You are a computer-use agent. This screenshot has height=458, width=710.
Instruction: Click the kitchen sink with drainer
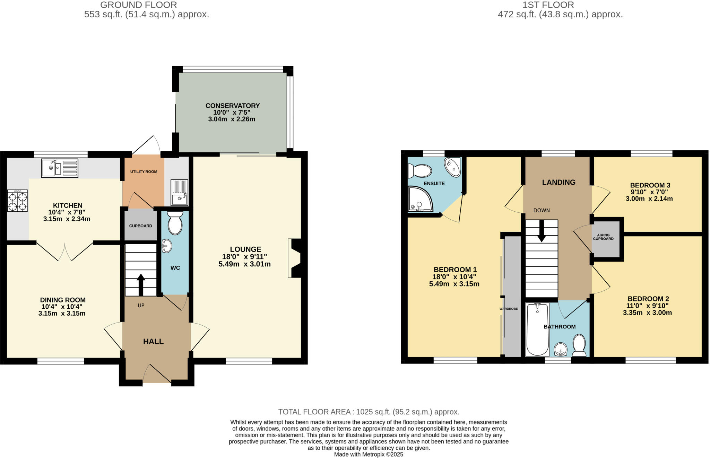pyautogui.click(x=60, y=168)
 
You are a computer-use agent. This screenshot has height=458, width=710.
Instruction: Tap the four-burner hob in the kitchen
pyautogui.click(x=17, y=201)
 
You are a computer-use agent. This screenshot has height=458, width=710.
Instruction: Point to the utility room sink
pyautogui.click(x=180, y=193)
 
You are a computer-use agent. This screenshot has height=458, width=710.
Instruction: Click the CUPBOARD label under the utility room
pyautogui.click(x=140, y=226)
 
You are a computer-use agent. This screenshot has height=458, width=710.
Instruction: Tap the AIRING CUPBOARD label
pyautogui.click(x=603, y=237)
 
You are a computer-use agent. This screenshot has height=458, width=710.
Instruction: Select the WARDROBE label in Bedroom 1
pyautogui.click(x=509, y=309)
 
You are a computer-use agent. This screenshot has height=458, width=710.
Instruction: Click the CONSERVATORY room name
pyautogui.click(x=232, y=106)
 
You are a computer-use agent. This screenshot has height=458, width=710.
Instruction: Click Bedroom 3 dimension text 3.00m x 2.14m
pyautogui.click(x=649, y=199)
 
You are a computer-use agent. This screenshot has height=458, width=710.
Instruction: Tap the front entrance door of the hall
pyautogui.click(x=157, y=374)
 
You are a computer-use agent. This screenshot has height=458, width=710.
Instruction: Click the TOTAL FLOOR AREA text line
pyautogui.click(x=369, y=412)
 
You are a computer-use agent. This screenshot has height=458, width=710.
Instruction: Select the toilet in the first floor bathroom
pyautogui.click(x=579, y=345)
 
